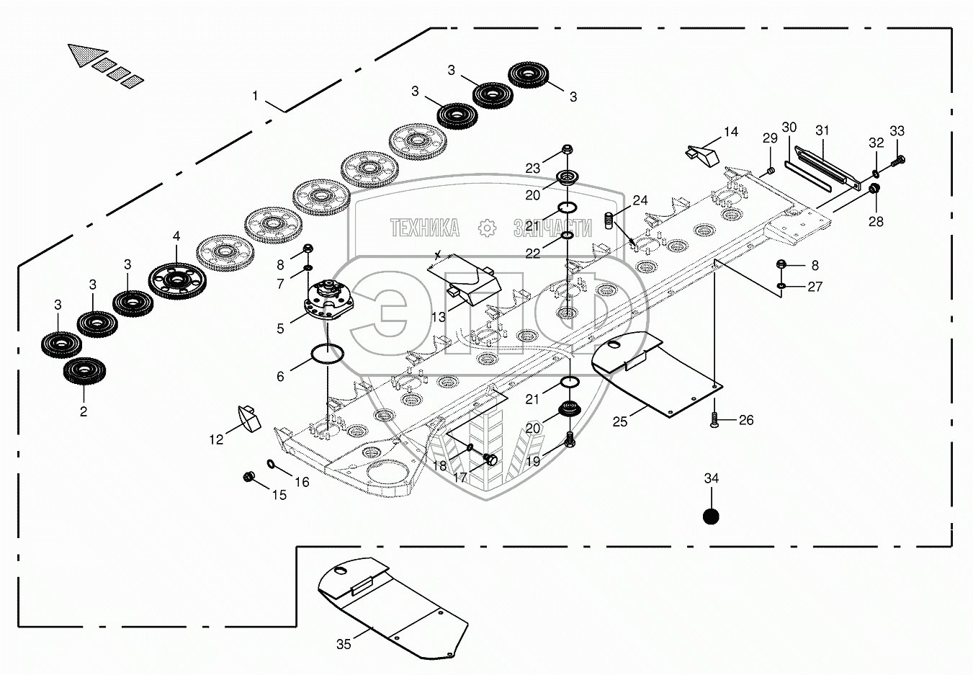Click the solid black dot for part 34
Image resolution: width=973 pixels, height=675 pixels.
click(711, 517)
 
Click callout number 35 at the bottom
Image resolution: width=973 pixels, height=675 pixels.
click(344, 644)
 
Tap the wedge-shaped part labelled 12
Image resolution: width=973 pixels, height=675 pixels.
click(248, 418)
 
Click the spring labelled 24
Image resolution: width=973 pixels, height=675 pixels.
click(609, 222)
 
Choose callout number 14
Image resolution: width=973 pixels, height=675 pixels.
click(731, 132)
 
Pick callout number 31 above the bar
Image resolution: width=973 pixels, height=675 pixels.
click(822, 130)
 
